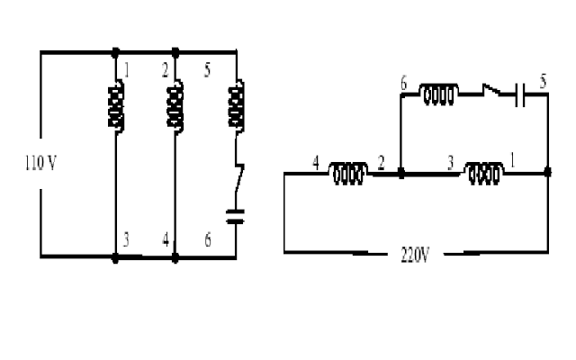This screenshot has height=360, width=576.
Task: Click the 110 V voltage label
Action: [40, 163]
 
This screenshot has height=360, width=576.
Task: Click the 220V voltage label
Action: [415, 255]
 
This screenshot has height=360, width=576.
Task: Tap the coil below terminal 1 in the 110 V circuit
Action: [116, 106]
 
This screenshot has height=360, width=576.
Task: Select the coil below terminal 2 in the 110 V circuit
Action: [175, 106]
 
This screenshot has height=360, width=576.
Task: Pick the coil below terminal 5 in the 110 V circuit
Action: [236, 106]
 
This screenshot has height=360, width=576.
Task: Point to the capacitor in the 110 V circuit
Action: [235, 216]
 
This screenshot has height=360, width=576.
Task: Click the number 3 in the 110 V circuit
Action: [126, 240]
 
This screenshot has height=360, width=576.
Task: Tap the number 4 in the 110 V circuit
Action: [166, 240]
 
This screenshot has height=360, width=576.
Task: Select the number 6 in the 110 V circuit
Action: [208, 240]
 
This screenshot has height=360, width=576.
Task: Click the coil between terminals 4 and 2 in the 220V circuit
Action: [348, 173]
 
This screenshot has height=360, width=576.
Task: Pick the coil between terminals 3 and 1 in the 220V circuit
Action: [484, 173]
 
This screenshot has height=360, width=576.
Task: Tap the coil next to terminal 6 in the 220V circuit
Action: [439, 94]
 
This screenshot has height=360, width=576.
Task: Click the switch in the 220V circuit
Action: [492, 90]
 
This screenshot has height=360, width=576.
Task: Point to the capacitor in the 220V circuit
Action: [520, 94]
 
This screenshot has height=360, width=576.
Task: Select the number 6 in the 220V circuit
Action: [404, 83]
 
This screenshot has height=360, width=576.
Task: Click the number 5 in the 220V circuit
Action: [543, 81]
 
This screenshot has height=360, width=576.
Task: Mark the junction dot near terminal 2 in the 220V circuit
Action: [401, 173]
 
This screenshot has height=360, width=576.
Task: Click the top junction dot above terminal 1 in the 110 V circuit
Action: [115, 52]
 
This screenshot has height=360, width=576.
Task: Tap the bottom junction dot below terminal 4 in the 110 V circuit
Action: [175, 258]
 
